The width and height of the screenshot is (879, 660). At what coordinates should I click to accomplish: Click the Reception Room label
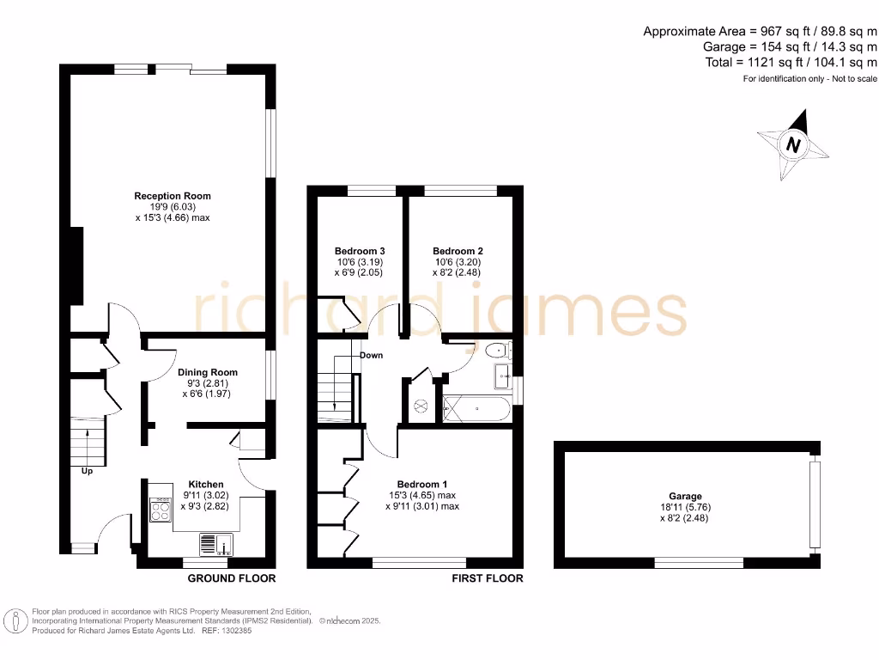(x=172, y=196)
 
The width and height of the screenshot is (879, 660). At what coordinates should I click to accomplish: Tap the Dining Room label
(x=208, y=372)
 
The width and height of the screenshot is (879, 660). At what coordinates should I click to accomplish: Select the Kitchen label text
(x=205, y=485)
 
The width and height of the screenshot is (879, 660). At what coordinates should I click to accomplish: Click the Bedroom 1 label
(x=421, y=484)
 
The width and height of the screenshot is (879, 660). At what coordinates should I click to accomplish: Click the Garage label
(x=685, y=496)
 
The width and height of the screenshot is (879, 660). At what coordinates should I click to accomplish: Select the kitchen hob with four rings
(x=161, y=510)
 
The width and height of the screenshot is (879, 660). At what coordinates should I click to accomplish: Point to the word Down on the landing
(x=371, y=355)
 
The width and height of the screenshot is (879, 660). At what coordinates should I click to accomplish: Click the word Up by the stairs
(x=87, y=471)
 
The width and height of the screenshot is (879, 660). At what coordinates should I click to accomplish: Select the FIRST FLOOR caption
(x=488, y=578)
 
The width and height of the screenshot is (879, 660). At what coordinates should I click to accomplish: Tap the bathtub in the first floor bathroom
(x=476, y=409)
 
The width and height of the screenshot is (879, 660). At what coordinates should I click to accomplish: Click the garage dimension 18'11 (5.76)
(x=685, y=507)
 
